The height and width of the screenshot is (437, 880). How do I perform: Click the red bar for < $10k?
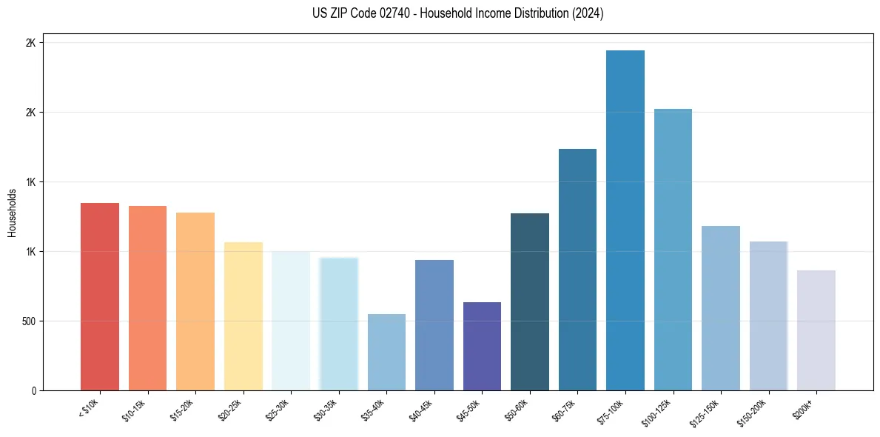tap(100, 296)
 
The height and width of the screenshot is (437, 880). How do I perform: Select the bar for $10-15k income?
tap(147, 298)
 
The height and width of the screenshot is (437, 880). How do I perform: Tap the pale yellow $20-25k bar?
tap(243, 316)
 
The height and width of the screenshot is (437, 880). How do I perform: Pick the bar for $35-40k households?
tap(386, 352)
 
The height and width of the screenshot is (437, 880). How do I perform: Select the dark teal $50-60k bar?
tap(530, 301)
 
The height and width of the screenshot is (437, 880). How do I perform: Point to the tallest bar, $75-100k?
tap(625, 220)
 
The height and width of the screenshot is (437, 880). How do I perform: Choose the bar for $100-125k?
tap(673, 250)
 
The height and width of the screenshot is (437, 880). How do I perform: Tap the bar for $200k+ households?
tap(816, 330)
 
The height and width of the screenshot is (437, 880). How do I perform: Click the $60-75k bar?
tap(577, 270)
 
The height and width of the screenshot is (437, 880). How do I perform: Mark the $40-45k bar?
tap(434, 325)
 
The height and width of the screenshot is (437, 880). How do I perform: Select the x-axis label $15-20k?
tap(182, 411)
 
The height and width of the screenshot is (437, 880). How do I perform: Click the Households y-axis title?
tap(12, 213)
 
